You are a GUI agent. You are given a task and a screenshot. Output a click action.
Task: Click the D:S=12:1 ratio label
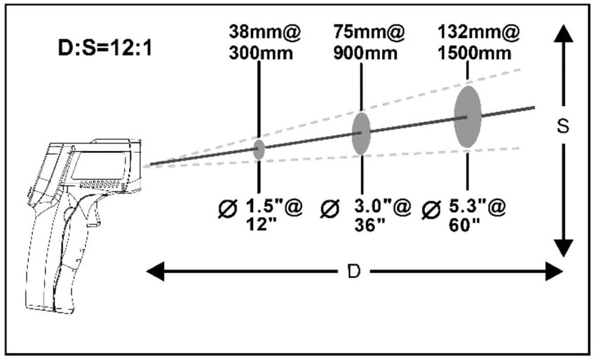(x=105, y=48)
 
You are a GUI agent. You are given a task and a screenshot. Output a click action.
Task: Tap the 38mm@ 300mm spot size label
(x=264, y=42)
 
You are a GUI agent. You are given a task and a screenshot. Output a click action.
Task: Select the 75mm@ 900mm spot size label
(x=369, y=42)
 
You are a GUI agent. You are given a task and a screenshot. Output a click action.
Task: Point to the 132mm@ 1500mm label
(x=478, y=42)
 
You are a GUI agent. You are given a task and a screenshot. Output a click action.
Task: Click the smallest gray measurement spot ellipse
(x=259, y=149)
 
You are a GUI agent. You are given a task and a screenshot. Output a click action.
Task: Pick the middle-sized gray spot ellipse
(x=361, y=133)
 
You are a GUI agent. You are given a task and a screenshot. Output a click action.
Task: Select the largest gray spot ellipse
(x=468, y=116)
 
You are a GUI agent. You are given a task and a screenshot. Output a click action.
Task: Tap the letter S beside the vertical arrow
(x=563, y=126)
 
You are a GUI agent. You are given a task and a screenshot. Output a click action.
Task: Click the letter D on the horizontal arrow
(x=354, y=272)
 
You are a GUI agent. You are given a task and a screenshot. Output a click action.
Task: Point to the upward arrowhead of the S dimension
(x=563, y=34)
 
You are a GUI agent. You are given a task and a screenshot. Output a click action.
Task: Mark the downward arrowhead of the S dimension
(x=563, y=248)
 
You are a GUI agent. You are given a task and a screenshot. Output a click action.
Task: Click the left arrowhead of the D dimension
(x=155, y=272)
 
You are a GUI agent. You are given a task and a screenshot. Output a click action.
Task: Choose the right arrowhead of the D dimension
(x=554, y=272)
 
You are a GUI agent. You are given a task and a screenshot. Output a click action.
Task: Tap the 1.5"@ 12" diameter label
(x=273, y=215)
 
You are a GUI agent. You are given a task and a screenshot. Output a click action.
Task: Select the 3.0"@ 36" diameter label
(x=382, y=215)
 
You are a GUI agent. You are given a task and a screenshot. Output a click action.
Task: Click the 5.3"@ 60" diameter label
(x=478, y=215)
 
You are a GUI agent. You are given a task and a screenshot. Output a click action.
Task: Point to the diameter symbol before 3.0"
(x=330, y=209)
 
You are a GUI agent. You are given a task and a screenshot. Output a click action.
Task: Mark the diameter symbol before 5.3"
(x=431, y=210)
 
